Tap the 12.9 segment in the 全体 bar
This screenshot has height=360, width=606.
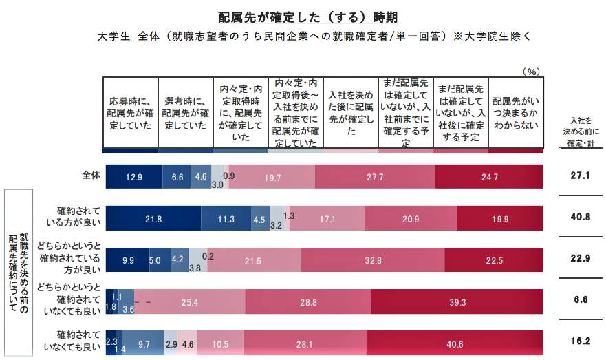pos(133,176)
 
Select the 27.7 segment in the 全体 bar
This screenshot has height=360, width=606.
pos(375,176)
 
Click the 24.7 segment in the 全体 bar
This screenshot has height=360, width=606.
pos(489,176)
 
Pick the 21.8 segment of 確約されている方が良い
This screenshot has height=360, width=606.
pos(153,219)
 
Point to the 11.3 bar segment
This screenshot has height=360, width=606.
pos(226,219)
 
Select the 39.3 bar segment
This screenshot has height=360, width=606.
pos(457,301)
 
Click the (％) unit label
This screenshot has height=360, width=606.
pos(531,70)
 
